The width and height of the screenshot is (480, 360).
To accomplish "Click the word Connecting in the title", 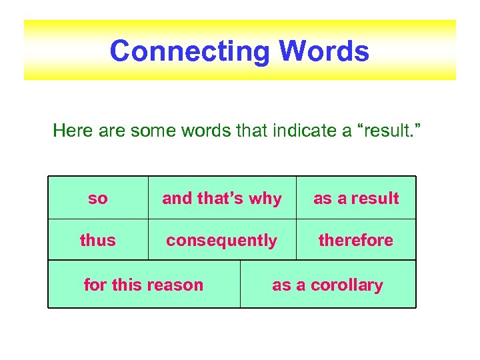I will [x=190, y=51].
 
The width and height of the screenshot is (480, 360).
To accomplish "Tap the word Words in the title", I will [x=324, y=51].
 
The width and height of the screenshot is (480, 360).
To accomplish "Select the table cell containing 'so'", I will [x=98, y=198].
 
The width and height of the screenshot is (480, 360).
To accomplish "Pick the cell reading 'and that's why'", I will [x=222, y=198].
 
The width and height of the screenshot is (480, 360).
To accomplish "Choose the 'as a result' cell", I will [x=356, y=198].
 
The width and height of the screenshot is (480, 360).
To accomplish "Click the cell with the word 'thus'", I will [x=98, y=240].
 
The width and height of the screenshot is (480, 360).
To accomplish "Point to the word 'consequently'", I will [x=222, y=240].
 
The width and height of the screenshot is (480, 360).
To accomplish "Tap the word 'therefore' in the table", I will [x=356, y=240].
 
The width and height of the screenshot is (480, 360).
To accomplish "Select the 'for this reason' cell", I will [x=143, y=285].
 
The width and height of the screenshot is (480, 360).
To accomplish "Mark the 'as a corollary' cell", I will [x=327, y=285].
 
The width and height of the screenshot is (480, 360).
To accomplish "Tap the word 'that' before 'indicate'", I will [x=251, y=130].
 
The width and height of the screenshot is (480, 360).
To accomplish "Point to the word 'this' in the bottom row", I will [x=127, y=285].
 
